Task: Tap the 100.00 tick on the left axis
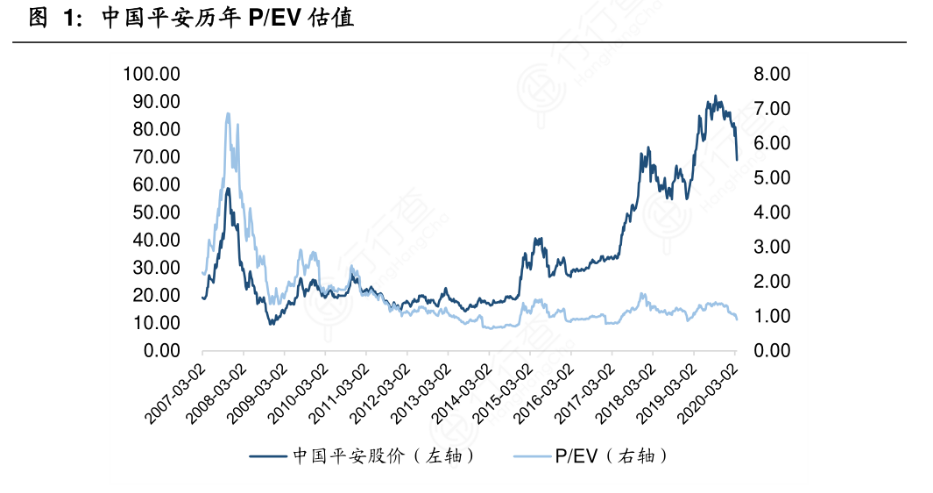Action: click(151, 74)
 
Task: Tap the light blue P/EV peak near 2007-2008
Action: click(228, 114)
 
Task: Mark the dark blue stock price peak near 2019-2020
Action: click(714, 97)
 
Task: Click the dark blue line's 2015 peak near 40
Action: click(538, 239)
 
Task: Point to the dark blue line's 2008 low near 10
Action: click(270, 323)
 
